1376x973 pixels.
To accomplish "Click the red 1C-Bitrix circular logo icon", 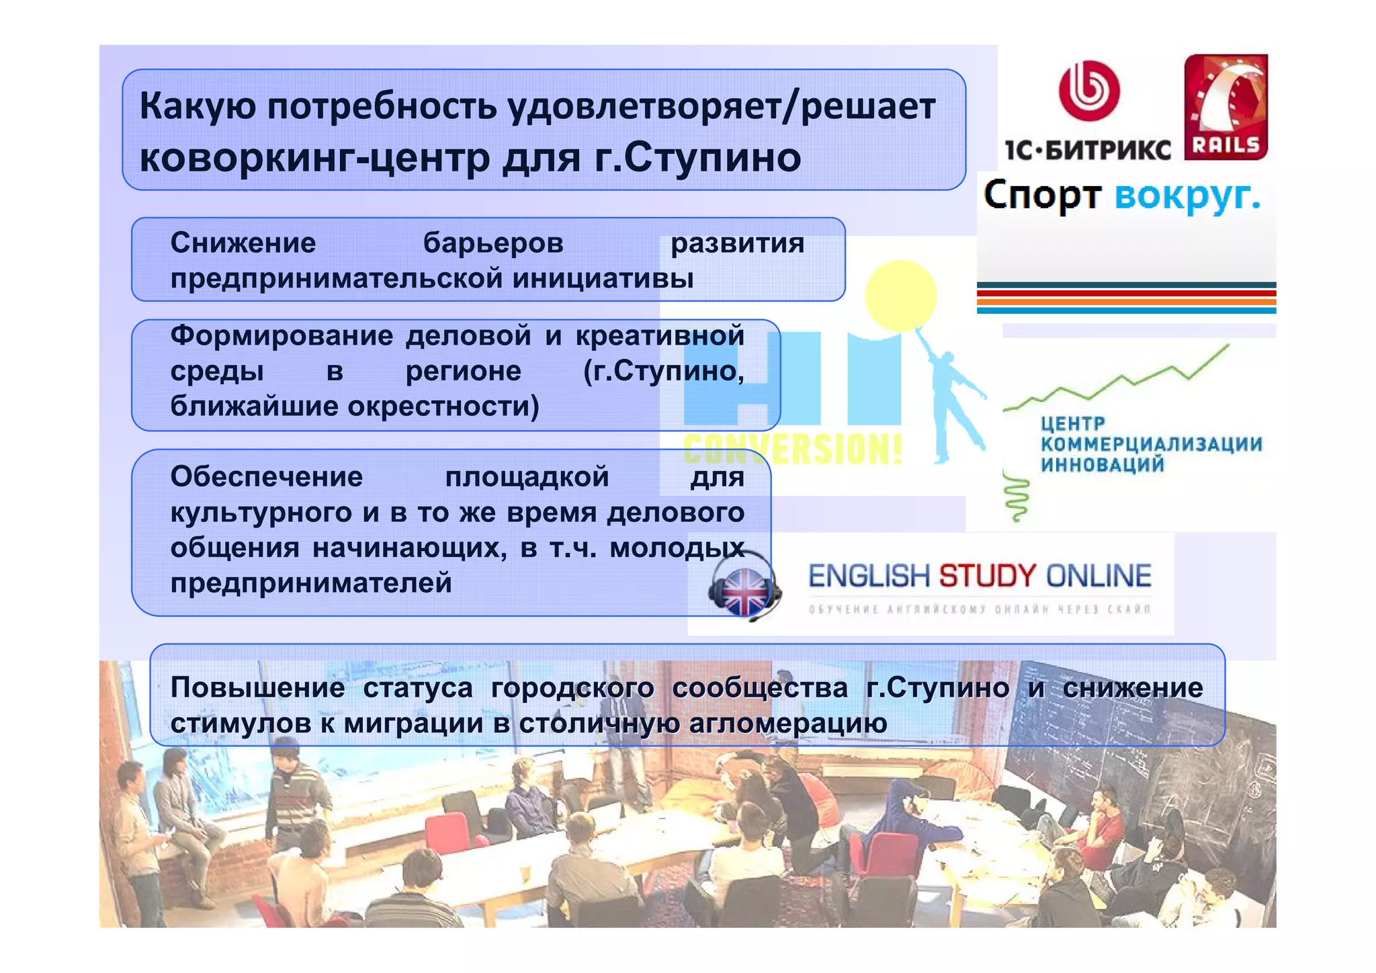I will click(x=1089, y=91).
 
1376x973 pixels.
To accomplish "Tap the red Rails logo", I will click(x=1225, y=108).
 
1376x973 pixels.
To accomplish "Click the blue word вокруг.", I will click(x=1187, y=196).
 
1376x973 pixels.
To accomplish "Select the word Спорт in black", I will click(x=1042, y=196).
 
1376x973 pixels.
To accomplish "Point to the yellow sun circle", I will click(x=900, y=296).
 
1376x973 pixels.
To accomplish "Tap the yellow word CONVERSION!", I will click(x=793, y=449).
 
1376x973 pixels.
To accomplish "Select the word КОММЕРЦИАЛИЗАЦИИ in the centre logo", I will click(x=1151, y=444).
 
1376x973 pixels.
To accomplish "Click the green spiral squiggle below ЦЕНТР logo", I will click(x=1017, y=497).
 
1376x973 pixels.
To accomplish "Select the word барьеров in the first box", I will click(x=493, y=243).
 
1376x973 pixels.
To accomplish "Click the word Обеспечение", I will click(x=267, y=477).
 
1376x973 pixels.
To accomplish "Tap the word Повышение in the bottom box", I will click(x=257, y=687).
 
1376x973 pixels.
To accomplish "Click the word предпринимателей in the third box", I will click(x=311, y=583).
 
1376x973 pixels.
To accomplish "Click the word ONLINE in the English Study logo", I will click(x=1098, y=577).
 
